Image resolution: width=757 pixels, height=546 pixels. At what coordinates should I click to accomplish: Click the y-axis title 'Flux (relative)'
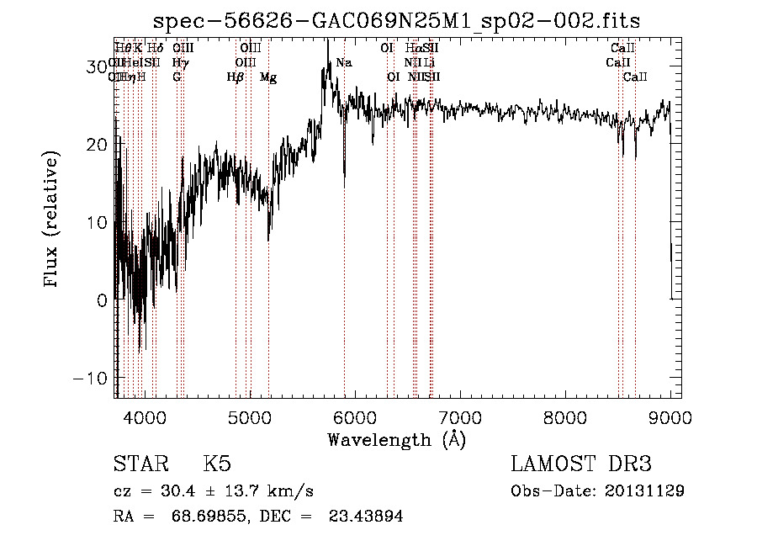click(x=52, y=220)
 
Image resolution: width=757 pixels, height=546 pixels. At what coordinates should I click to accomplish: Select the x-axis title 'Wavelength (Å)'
click(x=396, y=439)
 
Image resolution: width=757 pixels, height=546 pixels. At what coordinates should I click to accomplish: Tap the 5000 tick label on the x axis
click(x=250, y=416)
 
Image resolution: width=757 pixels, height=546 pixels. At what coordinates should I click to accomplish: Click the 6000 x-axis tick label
click(x=355, y=416)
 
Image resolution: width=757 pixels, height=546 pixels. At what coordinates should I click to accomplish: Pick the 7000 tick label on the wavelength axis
click(x=460, y=416)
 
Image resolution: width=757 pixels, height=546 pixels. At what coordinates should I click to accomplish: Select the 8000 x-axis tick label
click(x=565, y=416)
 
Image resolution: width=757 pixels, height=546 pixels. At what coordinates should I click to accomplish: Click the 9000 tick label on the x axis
click(x=670, y=416)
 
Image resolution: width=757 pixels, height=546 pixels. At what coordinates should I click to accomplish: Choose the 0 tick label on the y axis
click(x=101, y=300)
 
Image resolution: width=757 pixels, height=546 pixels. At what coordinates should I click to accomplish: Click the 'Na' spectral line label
click(x=343, y=63)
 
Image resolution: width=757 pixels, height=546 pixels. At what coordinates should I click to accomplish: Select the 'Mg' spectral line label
click(x=268, y=77)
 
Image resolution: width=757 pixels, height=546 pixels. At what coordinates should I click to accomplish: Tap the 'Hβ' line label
click(x=236, y=77)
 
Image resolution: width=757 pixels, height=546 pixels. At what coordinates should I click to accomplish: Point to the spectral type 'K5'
click(x=217, y=464)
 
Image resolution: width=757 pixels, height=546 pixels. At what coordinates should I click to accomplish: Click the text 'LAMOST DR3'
click(x=580, y=464)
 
